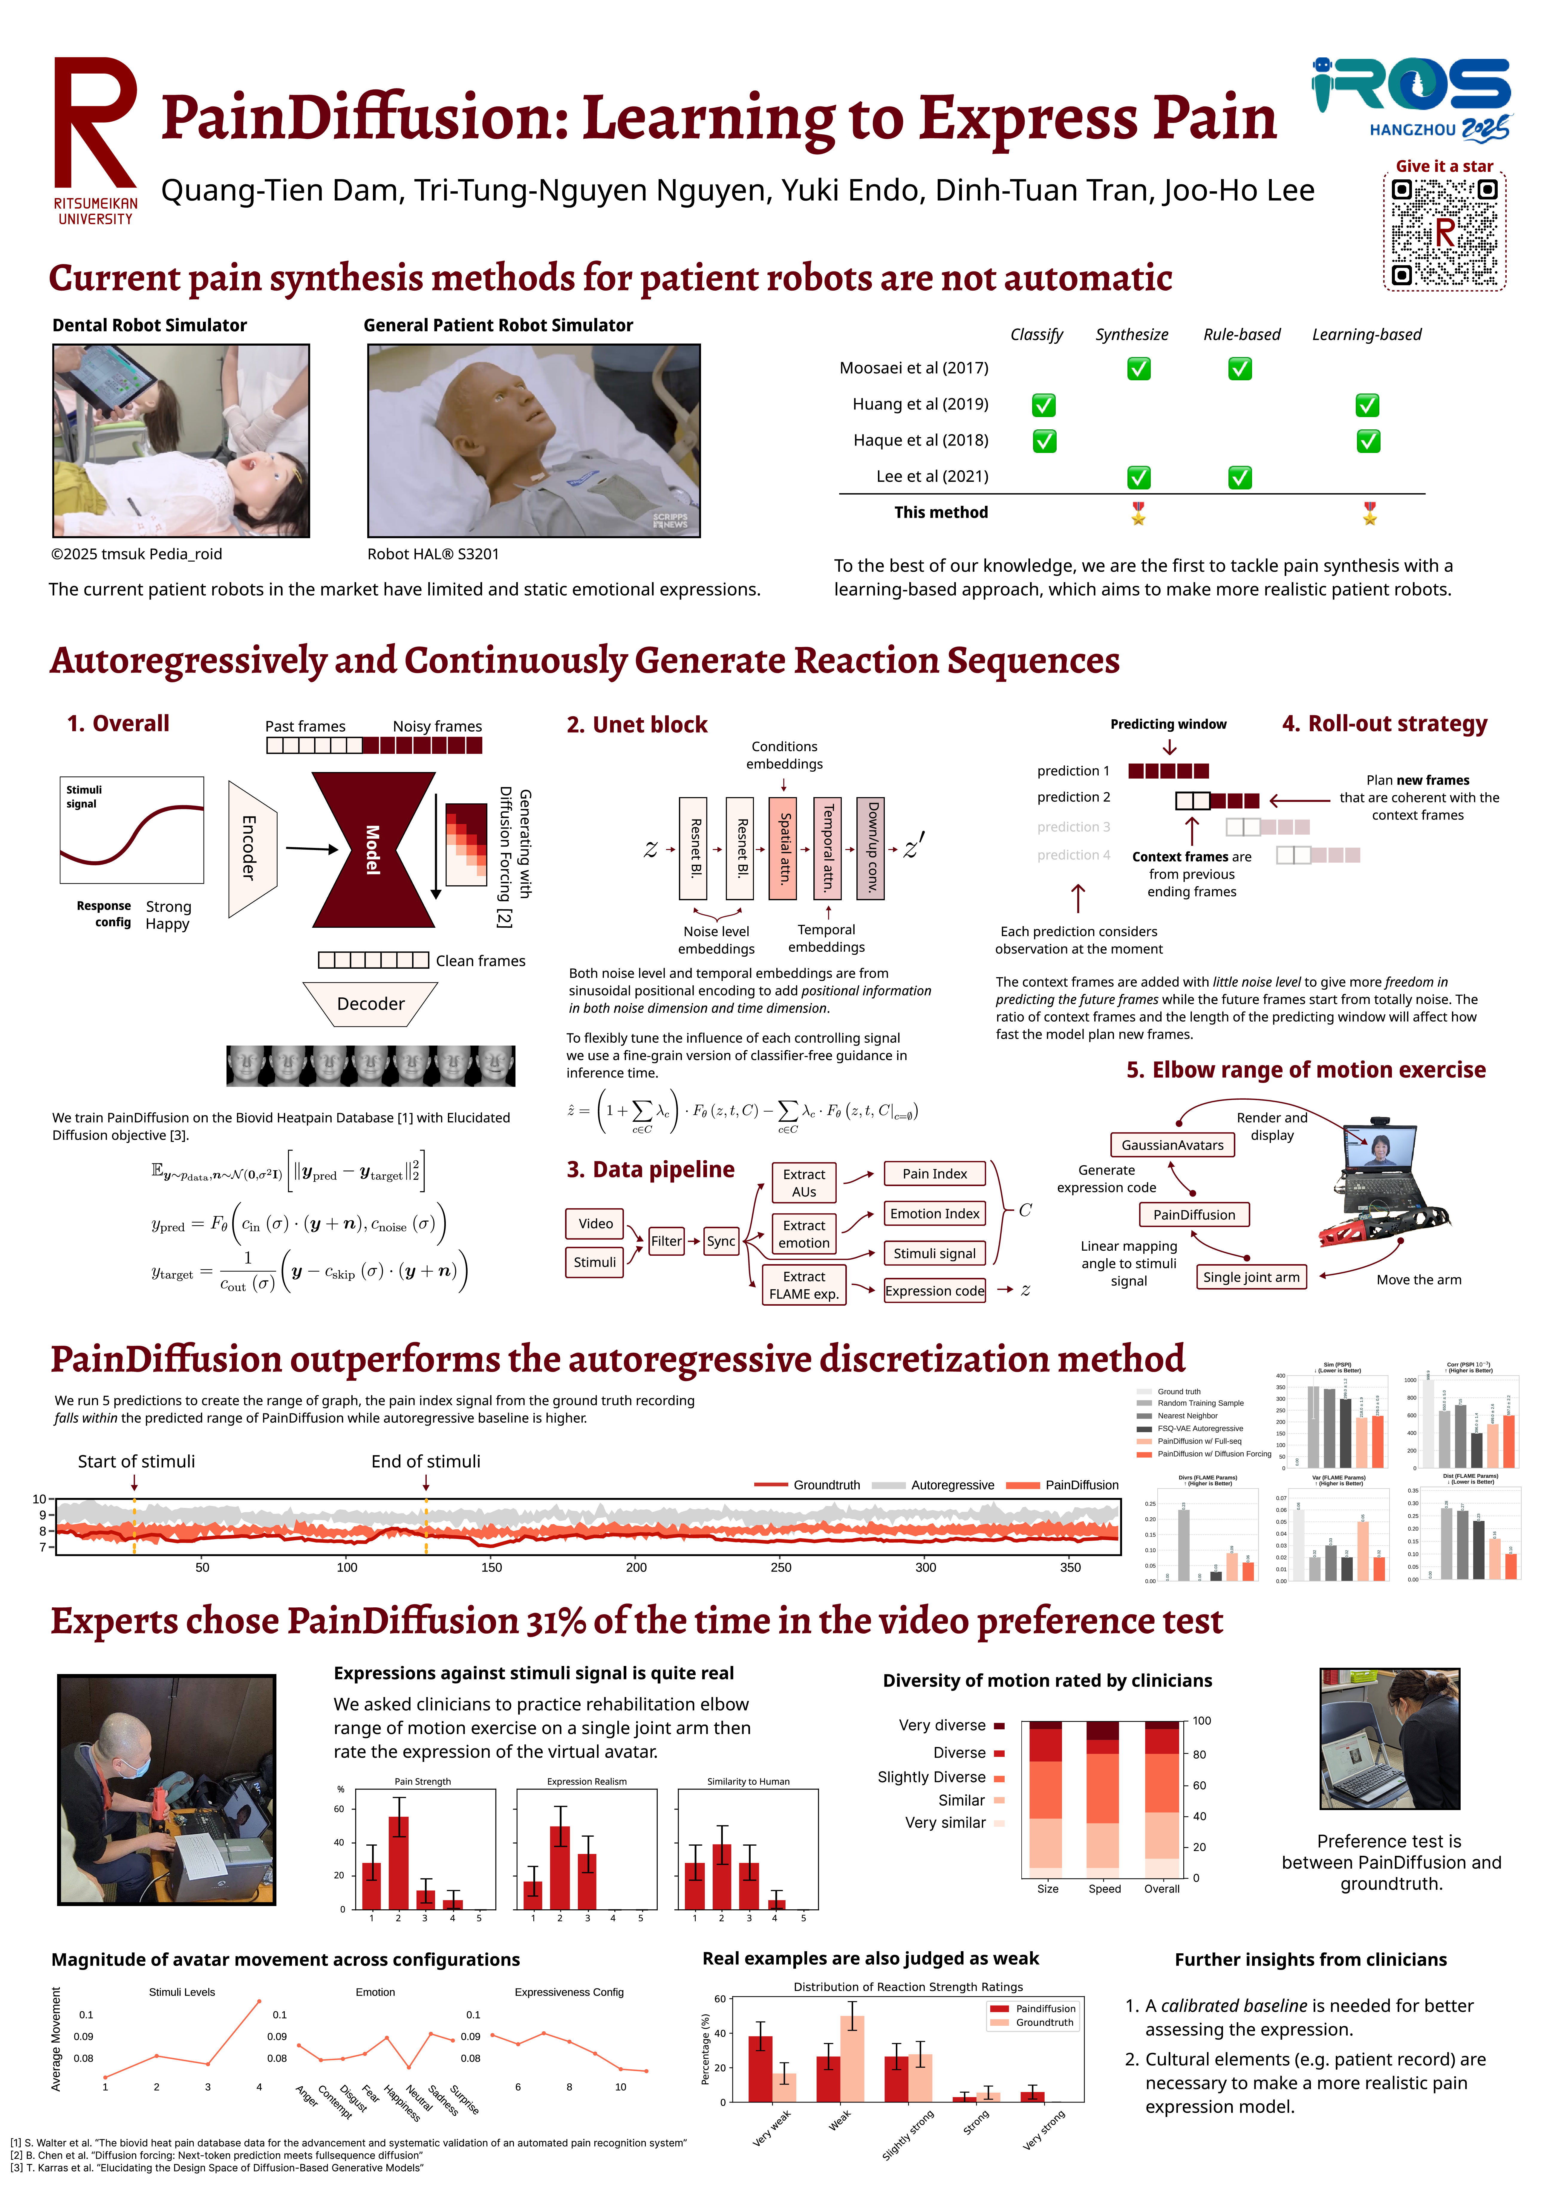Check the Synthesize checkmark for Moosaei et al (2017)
(x=1138, y=368)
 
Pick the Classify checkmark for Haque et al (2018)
(x=1045, y=441)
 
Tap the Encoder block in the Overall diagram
(x=251, y=848)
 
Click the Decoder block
(x=370, y=1004)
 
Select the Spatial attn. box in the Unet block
(x=783, y=848)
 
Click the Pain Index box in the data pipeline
(x=934, y=1174)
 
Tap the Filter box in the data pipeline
(x=666, y=1241)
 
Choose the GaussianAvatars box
(x=1172, y=1145)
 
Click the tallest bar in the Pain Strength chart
(x=399, y=1861)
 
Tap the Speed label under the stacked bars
(x=1104, y=1889)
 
